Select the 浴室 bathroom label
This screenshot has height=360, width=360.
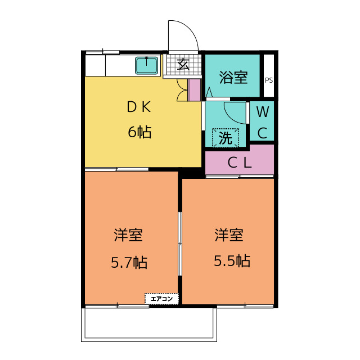tap(232, 77)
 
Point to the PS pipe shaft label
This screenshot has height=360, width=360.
tap(269, 80)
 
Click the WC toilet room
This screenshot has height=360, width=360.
tap(262, 121)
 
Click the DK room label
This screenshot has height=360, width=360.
tap(138, 107)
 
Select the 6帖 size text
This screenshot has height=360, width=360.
tap(139, 133)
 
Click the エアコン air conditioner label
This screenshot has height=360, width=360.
tap(162, 299)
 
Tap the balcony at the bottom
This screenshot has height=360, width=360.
tap(148, 324)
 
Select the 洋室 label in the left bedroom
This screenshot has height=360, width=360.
tap(128, 235)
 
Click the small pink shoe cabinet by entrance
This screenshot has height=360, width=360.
tap(194, 90)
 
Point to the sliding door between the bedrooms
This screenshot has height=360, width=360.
tap(180, 243)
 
